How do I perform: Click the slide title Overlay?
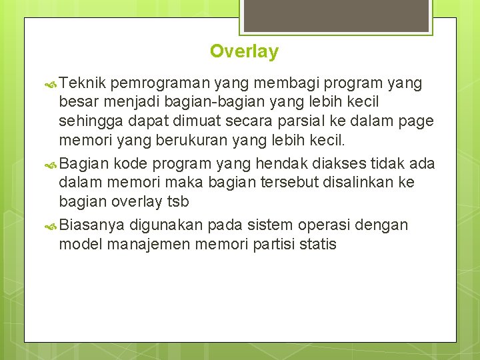coord(244,51)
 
